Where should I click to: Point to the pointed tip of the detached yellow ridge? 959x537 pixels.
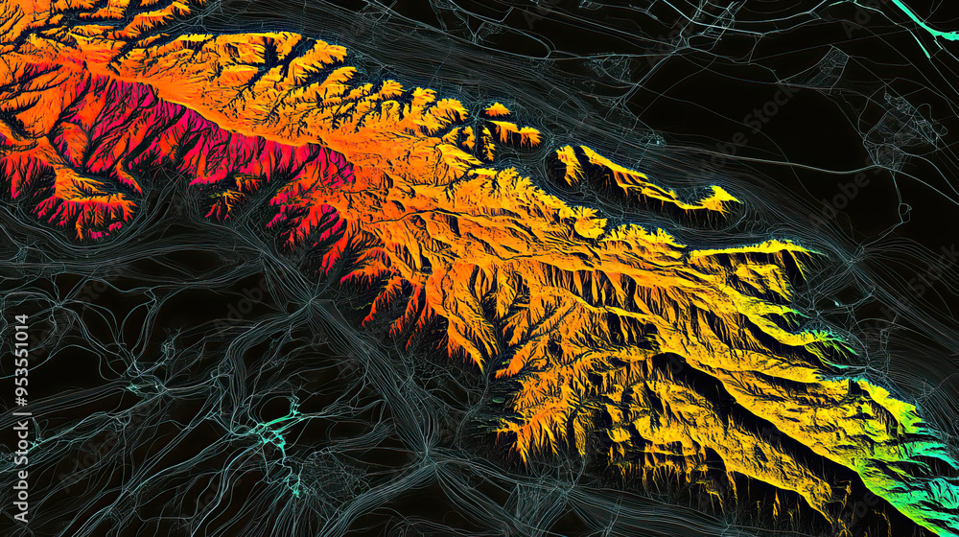pyautogui.click(x=734, y=199)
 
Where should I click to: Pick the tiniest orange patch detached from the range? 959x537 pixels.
pyautogui.click(x=496, y=109)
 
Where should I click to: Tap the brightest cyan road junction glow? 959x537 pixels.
pyautogui.click(x=278, y=422)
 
